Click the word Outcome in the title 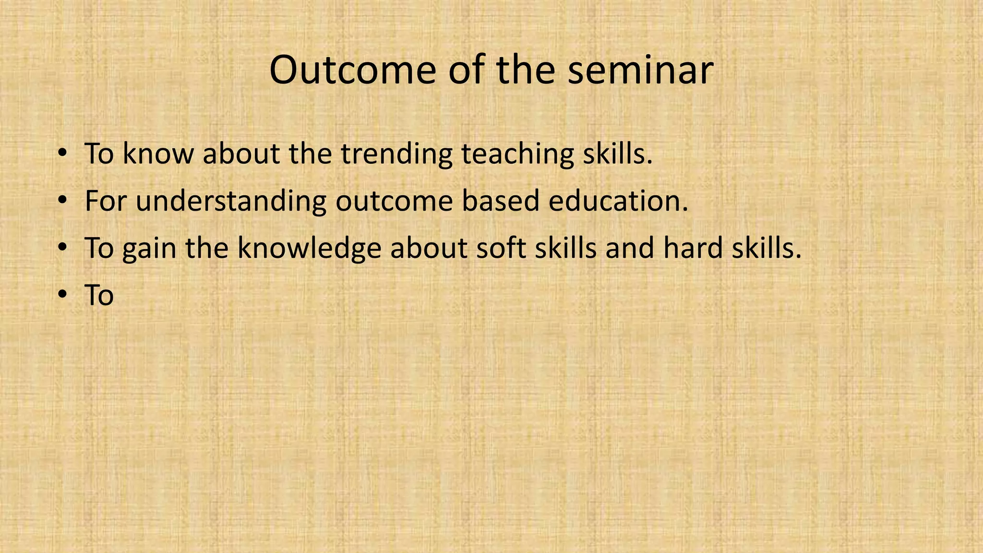pos(353,71)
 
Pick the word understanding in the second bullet pos(231,201)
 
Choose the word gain pos(149,249)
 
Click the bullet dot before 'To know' pos(62,154)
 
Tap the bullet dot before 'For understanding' pos(62,201)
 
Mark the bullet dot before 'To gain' pos(62,248)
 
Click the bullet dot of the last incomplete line pos(62,295)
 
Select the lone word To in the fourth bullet pos(99,295)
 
